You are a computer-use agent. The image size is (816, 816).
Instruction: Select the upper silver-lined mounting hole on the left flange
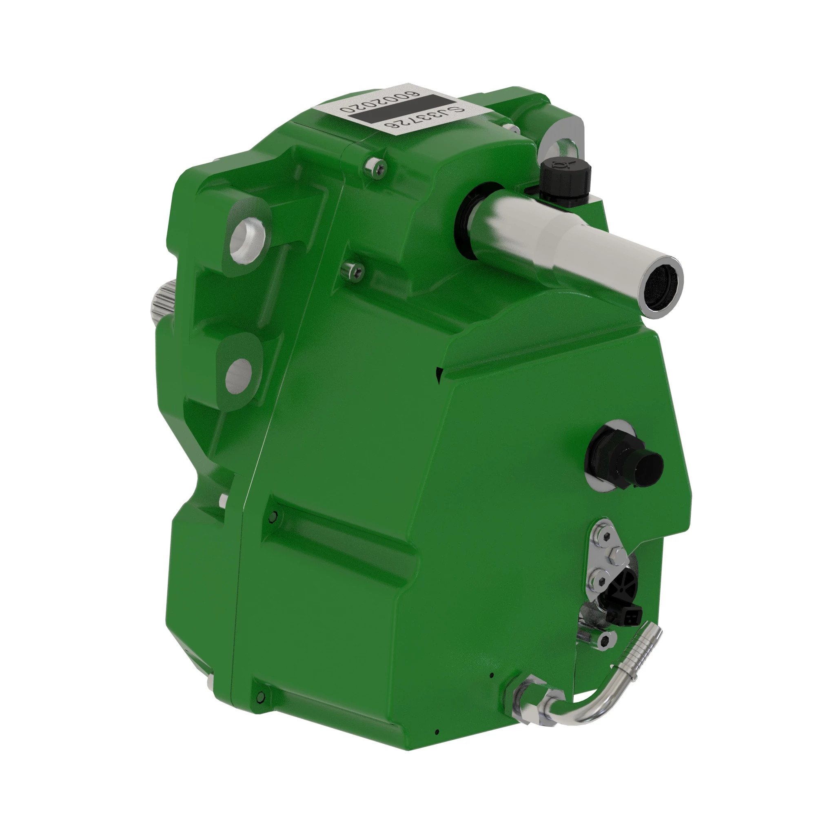coord(247,239)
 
